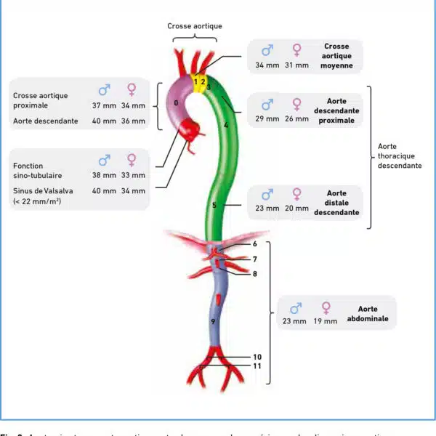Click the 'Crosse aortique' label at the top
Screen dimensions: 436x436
click(x=195, y=26)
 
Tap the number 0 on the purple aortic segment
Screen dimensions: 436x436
click(x=177, y=103)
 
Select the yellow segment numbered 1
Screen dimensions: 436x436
click(x=195, y=81)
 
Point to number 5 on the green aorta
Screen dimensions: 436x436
click(x=214, y=206)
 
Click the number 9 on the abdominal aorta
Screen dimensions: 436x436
click(x=213, y=320)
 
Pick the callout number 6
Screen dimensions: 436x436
click(x=255, y=245)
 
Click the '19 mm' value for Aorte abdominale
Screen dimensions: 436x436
click(x=326, y=321)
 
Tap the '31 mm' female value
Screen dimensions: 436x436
click(x=296, y=65)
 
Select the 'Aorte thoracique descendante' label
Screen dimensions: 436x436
click(x=398, y=156)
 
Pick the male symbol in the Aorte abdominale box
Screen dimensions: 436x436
click(x=295, y=308)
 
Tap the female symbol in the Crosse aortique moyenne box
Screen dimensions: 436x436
click(x=296, y=51)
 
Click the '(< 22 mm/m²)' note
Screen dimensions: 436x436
click(x=37, y=201)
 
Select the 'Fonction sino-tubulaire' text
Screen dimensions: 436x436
click(x=36, y=170)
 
